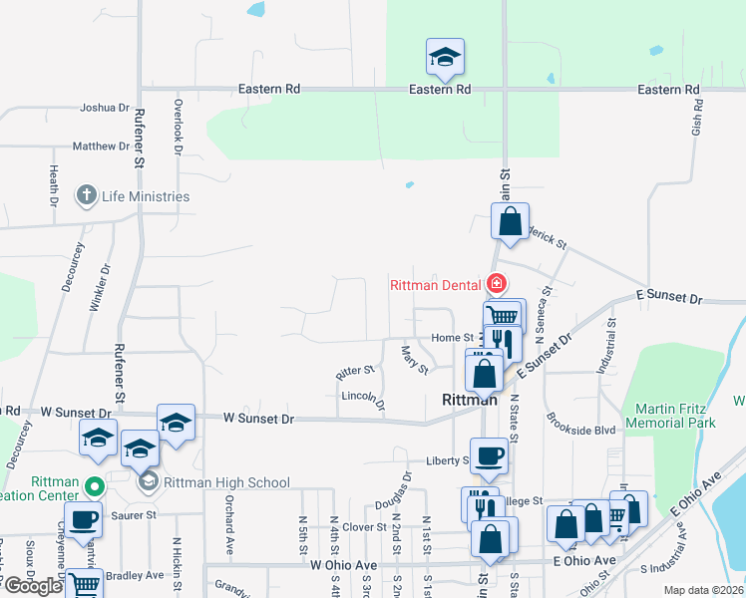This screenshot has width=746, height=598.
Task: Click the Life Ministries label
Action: (146, 196)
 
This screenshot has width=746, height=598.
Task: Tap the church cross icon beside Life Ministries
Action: (88, 195)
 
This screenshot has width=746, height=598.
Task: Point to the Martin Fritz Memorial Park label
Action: (671, 416)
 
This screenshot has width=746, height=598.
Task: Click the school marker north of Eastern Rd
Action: (445, 58)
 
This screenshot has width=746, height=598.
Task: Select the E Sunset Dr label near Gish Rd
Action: (669, 299)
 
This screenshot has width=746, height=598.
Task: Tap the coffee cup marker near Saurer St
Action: (85, 518)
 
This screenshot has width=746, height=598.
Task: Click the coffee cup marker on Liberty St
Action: (489, 455)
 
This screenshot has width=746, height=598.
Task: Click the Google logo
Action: (32, 586)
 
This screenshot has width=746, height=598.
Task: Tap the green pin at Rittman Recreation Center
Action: (94, 488)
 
